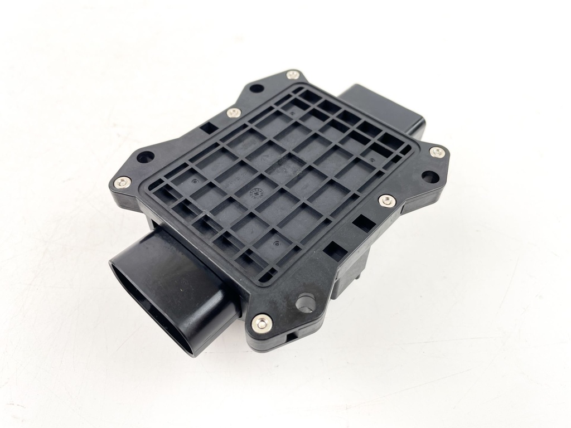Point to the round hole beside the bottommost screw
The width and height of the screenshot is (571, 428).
(x=305, y=303)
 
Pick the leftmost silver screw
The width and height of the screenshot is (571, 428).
(x=122, y=182)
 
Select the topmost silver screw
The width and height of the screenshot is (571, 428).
(x=293, y=75)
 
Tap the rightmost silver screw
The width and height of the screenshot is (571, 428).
(x=437, y=152)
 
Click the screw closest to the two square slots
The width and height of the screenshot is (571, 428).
(x=387, y=201)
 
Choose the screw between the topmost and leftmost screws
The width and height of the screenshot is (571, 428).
(x=234, y=113)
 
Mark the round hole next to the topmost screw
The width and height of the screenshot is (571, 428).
(x=256, y=88)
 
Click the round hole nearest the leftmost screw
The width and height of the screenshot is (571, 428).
(x=145, y=157)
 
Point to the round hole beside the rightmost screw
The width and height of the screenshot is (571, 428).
(x=429, y=177)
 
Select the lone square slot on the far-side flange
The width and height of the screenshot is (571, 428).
(x=209, y=128)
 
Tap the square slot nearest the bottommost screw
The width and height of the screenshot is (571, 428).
(x=335, y=251)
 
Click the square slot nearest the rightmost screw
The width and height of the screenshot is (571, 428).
(x=364, y=222)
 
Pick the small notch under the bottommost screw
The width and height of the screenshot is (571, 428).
(x=291, y=336)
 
